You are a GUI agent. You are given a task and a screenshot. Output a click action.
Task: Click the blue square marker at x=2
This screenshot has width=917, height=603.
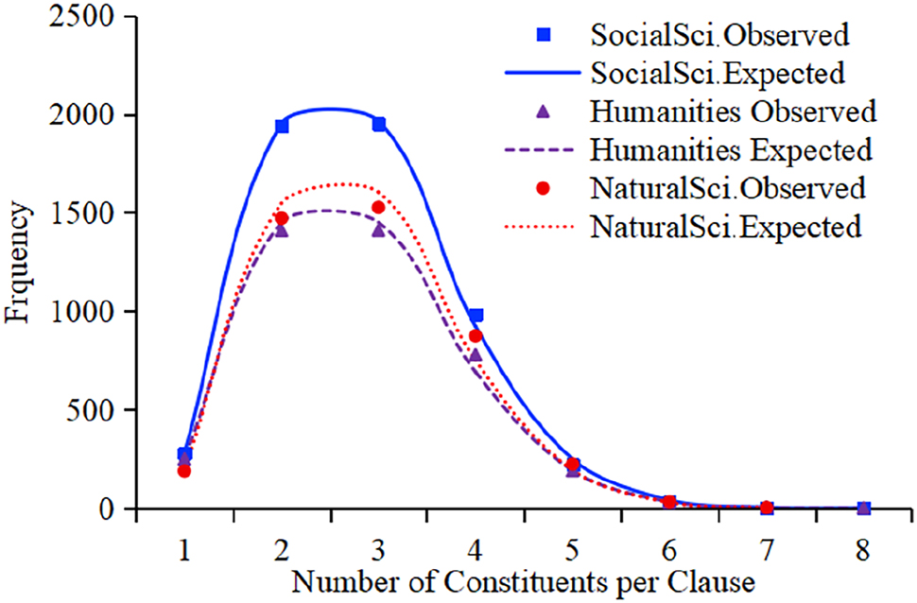point(281,126)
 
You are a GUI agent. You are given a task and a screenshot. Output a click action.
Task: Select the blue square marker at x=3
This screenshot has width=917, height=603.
point(378,124)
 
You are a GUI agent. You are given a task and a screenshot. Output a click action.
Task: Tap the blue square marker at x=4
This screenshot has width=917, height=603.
point(476,315)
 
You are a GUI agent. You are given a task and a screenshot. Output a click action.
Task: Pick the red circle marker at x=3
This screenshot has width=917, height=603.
point(378,207)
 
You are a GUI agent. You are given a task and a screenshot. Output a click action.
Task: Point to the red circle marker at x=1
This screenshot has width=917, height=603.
point(184,471)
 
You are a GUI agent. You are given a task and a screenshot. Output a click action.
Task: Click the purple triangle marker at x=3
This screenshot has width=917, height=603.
point(378,230)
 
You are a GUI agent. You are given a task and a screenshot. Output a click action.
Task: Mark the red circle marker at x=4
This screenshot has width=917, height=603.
point(476,336)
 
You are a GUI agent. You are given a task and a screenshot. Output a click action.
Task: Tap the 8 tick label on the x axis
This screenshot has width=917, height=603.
point(863,549)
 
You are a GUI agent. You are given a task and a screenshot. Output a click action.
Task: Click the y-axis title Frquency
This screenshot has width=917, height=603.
point(21,265)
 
